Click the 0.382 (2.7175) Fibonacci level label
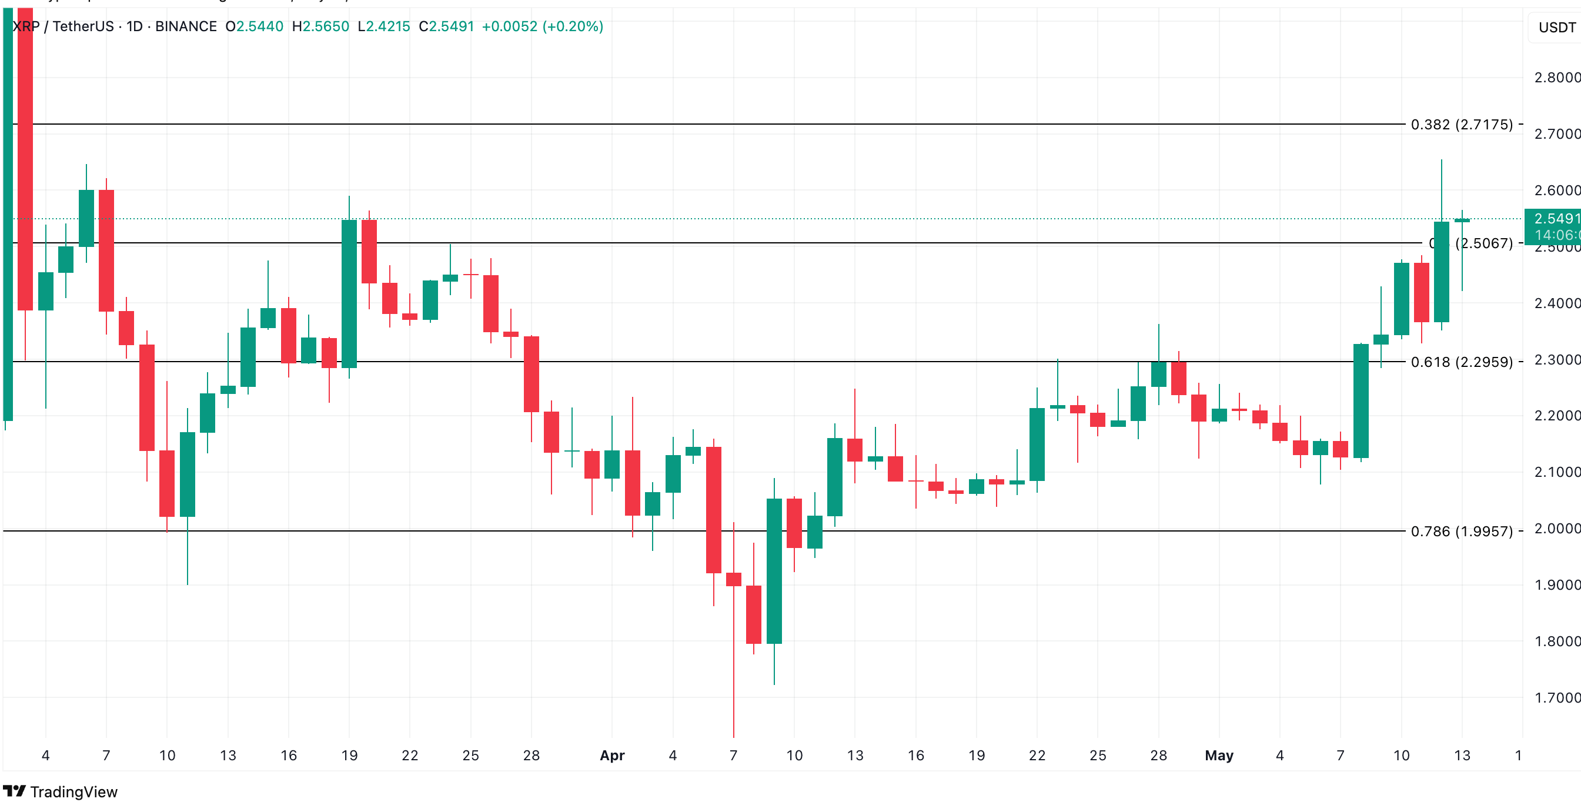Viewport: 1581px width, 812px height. (x=1461, y=125)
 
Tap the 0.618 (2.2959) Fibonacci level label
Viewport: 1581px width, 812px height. (x=1461, y=362)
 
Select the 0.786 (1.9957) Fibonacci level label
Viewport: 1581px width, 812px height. (x=1461, y=532)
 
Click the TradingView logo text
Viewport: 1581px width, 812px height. (x=73, y=792)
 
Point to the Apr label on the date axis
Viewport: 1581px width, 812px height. (x=612, y=756)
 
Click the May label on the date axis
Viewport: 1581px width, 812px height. (x=1219, y=756)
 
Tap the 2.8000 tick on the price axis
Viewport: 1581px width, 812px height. (x=1556, y=78)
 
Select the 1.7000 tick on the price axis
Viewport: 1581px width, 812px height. (x=1556, y=698)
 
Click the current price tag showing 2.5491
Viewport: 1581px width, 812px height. (x=1555, y=219)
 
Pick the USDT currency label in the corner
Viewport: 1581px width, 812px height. (x=1556, y=28)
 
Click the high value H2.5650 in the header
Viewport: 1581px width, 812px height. (x=320, y=26)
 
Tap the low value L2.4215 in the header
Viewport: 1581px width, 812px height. (x=383, y=26)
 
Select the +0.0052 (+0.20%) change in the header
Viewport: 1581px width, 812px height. (x=542, y=26)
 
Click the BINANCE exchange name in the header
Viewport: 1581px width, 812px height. (x=186, y=26)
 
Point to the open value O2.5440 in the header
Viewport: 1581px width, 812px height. (x=254, y=26)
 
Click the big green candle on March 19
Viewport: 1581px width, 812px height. (x=349, y=293)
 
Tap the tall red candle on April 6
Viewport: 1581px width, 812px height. (x=713, y=509)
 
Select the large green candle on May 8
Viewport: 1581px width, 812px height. (x=1361, y=401)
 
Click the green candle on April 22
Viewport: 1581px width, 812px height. (x=1037, y=445)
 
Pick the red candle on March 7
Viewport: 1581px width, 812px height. (x=106, y=250)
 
